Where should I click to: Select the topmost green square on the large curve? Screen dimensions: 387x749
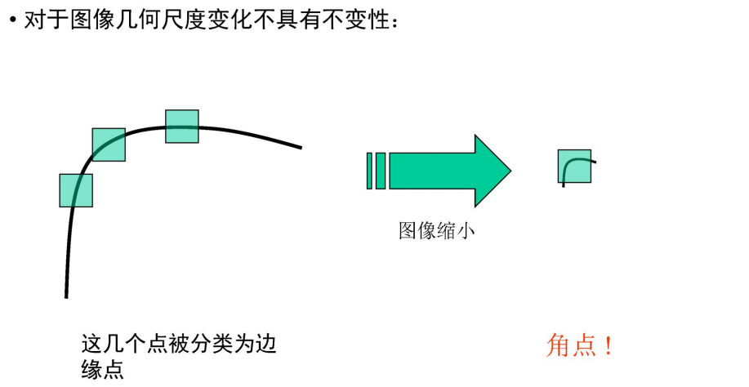point(182,127)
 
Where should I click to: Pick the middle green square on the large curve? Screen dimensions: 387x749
point(109,145)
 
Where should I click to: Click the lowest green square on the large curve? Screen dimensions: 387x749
point(76,190)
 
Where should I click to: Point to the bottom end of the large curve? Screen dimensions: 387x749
point(66,296)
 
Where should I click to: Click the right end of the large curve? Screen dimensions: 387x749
point(301,148)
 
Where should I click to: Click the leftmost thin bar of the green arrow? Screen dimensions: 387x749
point(370,171)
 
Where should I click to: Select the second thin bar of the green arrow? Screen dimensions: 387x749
point(381,171)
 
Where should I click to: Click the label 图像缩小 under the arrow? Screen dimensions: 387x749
point(436,231)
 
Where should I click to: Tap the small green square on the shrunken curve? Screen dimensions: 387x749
point(574,166)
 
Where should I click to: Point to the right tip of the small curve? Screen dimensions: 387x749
point(595,162)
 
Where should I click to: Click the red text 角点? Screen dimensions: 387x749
point(570,345)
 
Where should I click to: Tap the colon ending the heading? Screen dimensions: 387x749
point(395,23)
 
